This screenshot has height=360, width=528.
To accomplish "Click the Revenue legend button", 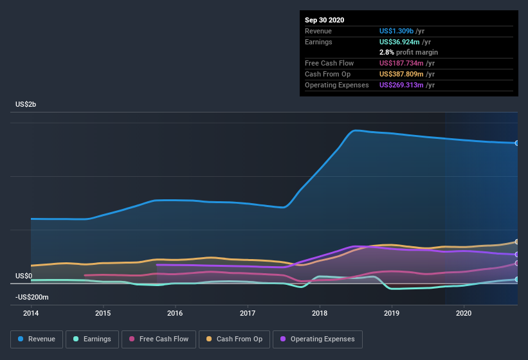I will click(x=37, y=339).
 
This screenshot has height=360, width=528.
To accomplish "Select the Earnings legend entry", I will click(x=92, y=339).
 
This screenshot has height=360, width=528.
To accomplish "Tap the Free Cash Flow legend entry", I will click(x=158, y=339).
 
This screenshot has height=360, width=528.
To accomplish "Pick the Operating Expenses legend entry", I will click(x=317, y=339).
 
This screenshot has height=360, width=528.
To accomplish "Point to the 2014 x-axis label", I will click(x=31, y=313).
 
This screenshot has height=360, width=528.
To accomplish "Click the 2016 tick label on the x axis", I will click(x=175, y=313).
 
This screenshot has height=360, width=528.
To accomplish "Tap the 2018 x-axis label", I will click(x=319, y=313).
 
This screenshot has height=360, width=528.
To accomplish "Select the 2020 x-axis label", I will click(x=463, y=313).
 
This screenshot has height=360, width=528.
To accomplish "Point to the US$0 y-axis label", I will click(x=24, y=276).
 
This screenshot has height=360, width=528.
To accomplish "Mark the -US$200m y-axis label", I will click(x=33, y=297).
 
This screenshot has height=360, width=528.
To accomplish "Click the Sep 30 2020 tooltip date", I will click(x=325, y=20).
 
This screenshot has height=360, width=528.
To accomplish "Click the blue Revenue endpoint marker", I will click(x=517, y=143).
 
